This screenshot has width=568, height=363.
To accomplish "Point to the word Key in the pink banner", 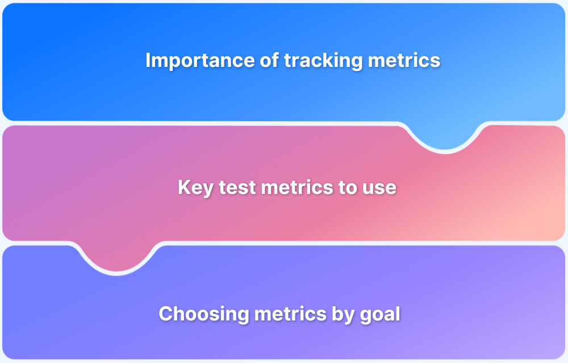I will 195,188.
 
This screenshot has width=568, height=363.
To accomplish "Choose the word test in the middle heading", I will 236,188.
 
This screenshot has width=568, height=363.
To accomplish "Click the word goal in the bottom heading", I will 381,314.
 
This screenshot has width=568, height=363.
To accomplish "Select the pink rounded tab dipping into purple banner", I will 116,258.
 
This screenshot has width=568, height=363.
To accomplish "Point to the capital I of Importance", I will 148,60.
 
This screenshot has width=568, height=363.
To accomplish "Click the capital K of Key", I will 184,188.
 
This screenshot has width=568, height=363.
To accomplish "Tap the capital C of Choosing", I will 166,314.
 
